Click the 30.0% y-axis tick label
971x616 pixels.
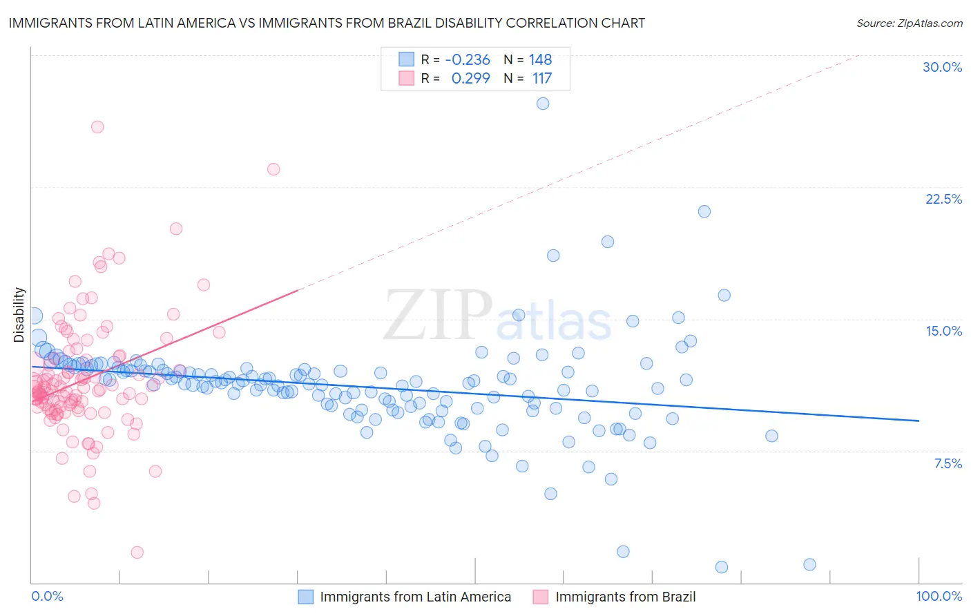click(x=942, y=67)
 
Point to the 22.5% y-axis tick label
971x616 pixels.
click(x=943, y=199)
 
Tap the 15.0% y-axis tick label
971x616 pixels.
click(x=943, y=331)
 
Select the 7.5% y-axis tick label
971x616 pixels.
click(x=948, y=463)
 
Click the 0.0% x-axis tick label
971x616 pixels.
click(x=47, y=597)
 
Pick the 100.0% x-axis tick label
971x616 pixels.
click(x=939, y=597)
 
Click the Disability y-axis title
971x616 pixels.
click(x=19, y=315)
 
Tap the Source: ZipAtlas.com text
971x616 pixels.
click(x=909, y=23)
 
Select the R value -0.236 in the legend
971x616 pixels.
click(x=468, y=59)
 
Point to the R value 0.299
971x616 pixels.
click(x=470, y=78)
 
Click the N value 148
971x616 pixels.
click(x=540, y=59)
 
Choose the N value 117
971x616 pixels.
click(x=541, y=78)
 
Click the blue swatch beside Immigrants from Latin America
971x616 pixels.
click(x=305, y=597)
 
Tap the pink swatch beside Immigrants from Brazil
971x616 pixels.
click(x=540, y=597)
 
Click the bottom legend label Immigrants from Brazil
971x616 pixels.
click(x=625, y=597)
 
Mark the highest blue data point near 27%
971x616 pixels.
click(x=543, y=104)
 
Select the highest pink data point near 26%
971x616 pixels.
click(x=97, y=127)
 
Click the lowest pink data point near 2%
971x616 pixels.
click(x=137, y=552)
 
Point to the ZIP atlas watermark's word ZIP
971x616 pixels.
click(x=438, y=315)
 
